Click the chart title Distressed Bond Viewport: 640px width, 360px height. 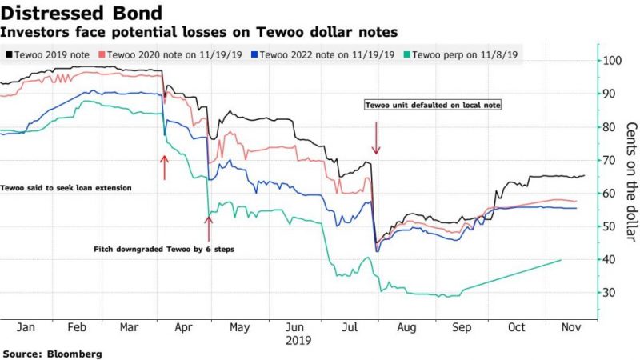point(83,12)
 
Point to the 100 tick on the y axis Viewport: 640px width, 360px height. point(614,61)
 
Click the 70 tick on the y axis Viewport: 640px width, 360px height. point(612,161)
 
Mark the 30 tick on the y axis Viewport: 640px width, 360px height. point(612,294)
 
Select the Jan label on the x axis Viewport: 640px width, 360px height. point(25,327)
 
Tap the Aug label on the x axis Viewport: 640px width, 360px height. point(406,327)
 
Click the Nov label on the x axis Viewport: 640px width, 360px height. point(570,327)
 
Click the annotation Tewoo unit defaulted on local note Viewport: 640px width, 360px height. point(432,105)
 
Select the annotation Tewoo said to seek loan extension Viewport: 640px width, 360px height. point(66,187)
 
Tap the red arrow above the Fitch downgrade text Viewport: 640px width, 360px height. point(208,227)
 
